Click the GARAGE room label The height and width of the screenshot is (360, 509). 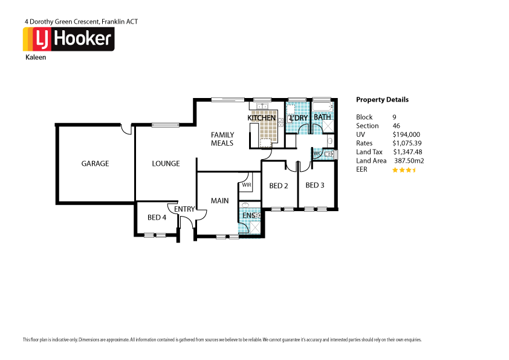[x=96, y=163]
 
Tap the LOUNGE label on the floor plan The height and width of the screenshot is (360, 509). [x=166, y=163]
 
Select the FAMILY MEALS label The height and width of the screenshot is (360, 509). [x=222, y=139]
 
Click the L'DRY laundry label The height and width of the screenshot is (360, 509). [x=299, y=117]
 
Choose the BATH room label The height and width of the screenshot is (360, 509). [x=322, y=117]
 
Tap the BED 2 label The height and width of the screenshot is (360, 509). [x=278, y=186]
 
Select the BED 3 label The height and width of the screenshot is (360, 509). [x=315, y=185]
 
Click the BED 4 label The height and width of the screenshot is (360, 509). [x=157, y=217]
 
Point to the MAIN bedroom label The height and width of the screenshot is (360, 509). [x=219, y=200]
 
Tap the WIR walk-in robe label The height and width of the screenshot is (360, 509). [x=246, y=185]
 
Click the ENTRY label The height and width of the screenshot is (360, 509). [x=185, y=209]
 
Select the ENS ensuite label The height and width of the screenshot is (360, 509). [x=248, y=215]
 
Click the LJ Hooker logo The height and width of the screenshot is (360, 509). [x=68, y=39]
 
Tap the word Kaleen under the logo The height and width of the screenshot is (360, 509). [x=35, y=58]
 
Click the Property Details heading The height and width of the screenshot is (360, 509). [x=382, y=100]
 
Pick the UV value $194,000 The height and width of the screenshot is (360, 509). [x=406, y=134]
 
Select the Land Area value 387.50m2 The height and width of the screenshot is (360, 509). [x=409, y=161]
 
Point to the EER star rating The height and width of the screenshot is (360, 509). [x=404, y=170]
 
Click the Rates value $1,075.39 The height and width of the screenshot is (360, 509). [x=407, y=143]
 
